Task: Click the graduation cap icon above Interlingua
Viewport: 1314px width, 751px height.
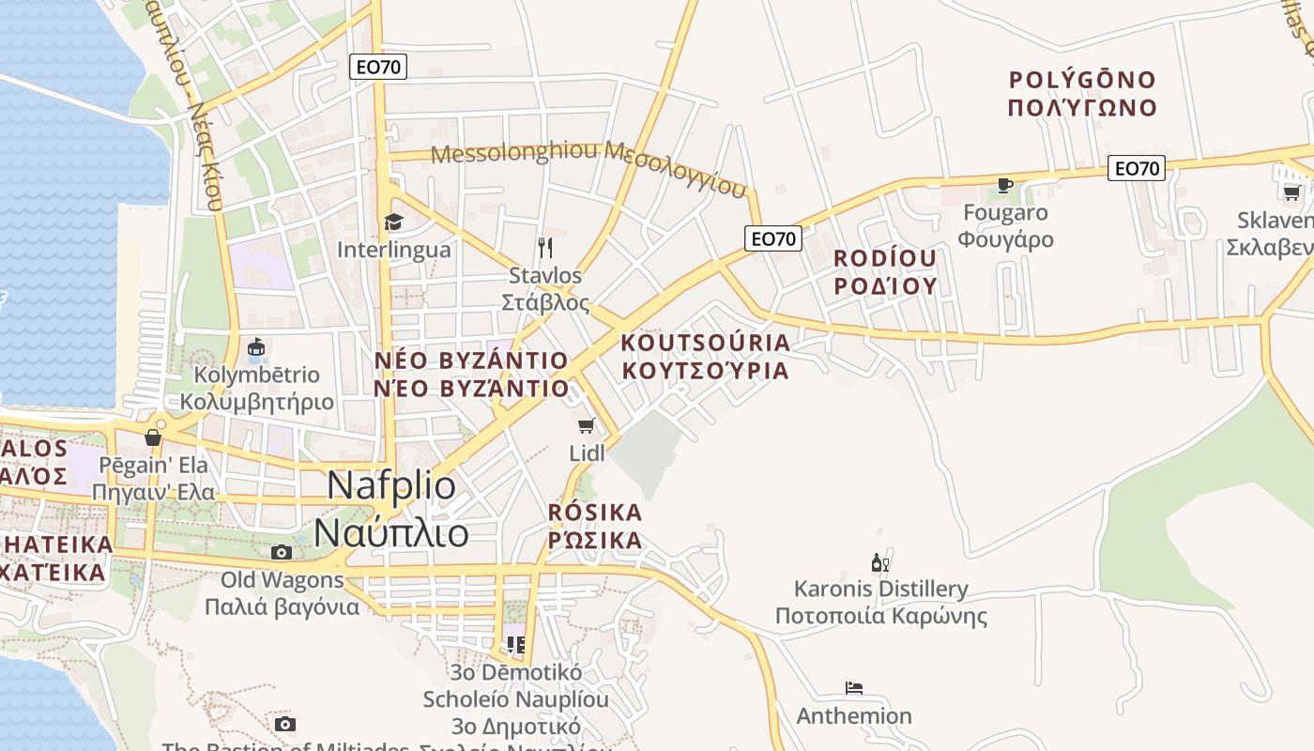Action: point(393,222)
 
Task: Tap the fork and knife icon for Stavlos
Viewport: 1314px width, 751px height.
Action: point(545,247)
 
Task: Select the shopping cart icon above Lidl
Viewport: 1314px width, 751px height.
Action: point(587,426)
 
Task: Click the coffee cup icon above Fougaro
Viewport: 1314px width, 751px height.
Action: point(1005,185)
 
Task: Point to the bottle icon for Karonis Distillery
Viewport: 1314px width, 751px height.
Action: point(879,562)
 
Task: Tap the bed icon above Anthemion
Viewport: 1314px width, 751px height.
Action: point(853,688)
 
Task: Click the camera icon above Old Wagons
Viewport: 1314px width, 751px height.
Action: point(281,552)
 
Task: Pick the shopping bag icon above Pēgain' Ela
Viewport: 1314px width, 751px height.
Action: point(153,437)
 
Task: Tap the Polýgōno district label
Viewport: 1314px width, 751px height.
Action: point(1082,93)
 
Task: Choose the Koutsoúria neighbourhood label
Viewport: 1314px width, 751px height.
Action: point(706,356)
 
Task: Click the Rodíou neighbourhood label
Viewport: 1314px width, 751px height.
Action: point(885,271)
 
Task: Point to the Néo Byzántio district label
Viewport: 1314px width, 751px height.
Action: point(471,374)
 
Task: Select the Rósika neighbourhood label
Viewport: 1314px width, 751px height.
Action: point(595,526)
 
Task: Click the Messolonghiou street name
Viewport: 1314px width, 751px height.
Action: point(589,165)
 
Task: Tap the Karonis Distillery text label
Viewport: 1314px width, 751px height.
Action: point(880,602)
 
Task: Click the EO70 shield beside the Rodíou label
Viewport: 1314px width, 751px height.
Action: point(773,238)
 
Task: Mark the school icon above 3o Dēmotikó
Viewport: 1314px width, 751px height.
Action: point(515,644)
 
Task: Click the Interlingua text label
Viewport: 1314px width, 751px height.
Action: point(393,250)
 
